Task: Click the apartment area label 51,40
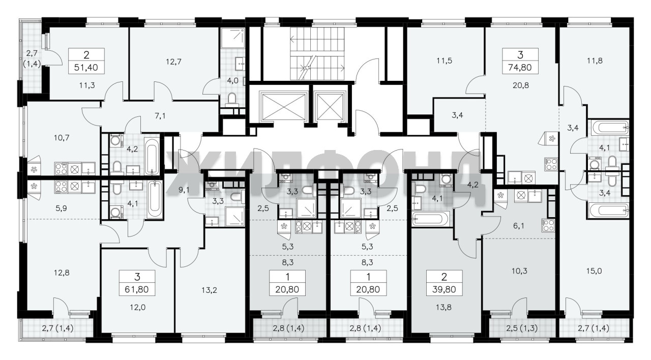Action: point(86,68)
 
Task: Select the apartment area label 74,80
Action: point(520,68)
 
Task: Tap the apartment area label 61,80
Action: point(137,289)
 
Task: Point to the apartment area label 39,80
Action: point(444,289)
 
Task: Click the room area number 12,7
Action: point(173,62)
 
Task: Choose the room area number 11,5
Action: point(445,61)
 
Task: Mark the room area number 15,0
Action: point(594,271)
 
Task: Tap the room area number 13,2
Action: point(209,290)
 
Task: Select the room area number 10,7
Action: point(62,137)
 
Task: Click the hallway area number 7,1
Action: point(160,116)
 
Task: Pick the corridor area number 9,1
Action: point(184,190)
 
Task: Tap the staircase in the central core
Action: point(317,53)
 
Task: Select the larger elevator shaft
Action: point(284,106)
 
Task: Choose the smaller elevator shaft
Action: point(330,106)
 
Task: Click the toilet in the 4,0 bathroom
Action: point(231,99)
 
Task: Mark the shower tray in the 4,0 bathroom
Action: point(232,38)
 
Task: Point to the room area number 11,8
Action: point(595,61)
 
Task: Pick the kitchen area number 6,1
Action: point(518,226)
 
